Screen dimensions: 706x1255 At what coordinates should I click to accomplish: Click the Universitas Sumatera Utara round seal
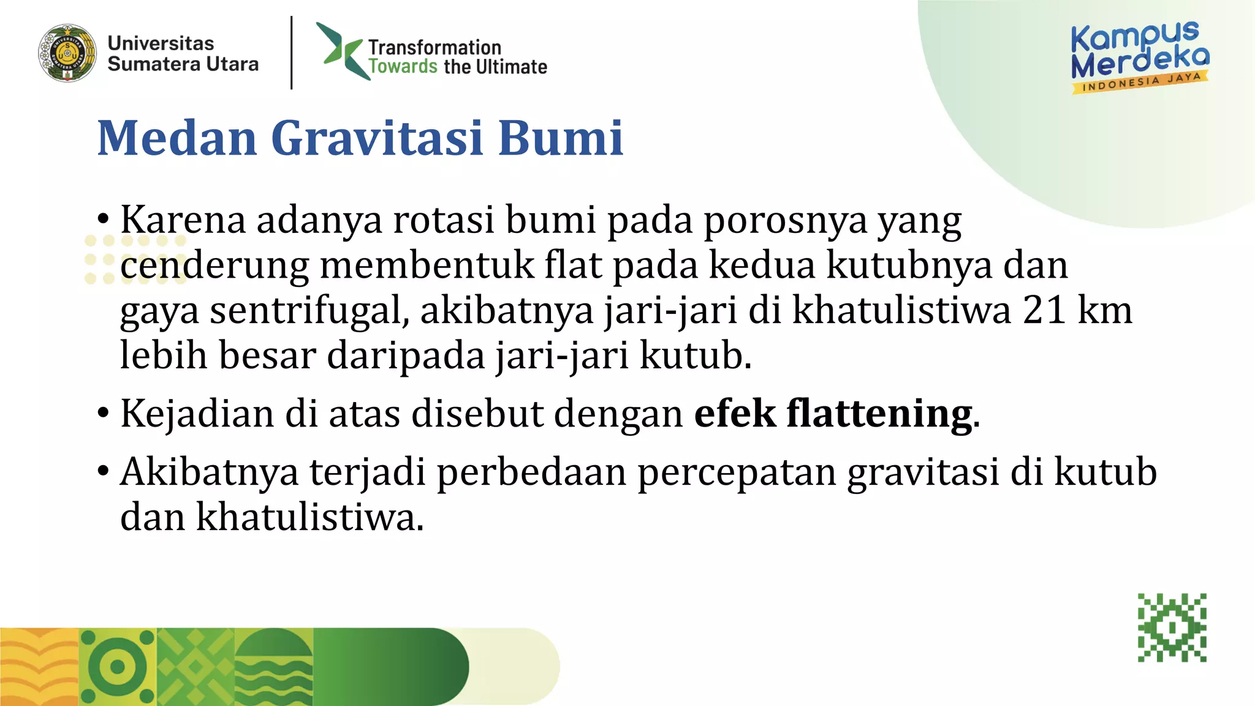click(x=67, y=53)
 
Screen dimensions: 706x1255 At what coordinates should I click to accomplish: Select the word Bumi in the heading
click(x=560, y=138)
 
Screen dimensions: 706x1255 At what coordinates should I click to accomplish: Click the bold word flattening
click(x=880, y=414)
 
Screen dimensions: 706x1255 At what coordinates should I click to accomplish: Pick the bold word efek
click(x=735, y=414)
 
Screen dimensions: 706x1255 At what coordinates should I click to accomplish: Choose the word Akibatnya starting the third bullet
click(x=209, y=472)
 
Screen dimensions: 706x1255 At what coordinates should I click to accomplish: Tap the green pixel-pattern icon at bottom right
click(x=1172, y=627)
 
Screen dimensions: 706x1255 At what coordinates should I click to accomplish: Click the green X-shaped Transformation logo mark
click(x=341, y=51)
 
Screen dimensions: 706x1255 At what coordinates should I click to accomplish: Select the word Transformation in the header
click(x=434, y=47)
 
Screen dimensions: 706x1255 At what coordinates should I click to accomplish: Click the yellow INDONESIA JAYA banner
click(x=1140, y=83)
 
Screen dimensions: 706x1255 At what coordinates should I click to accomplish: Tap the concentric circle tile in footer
click(x=118, y=667)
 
